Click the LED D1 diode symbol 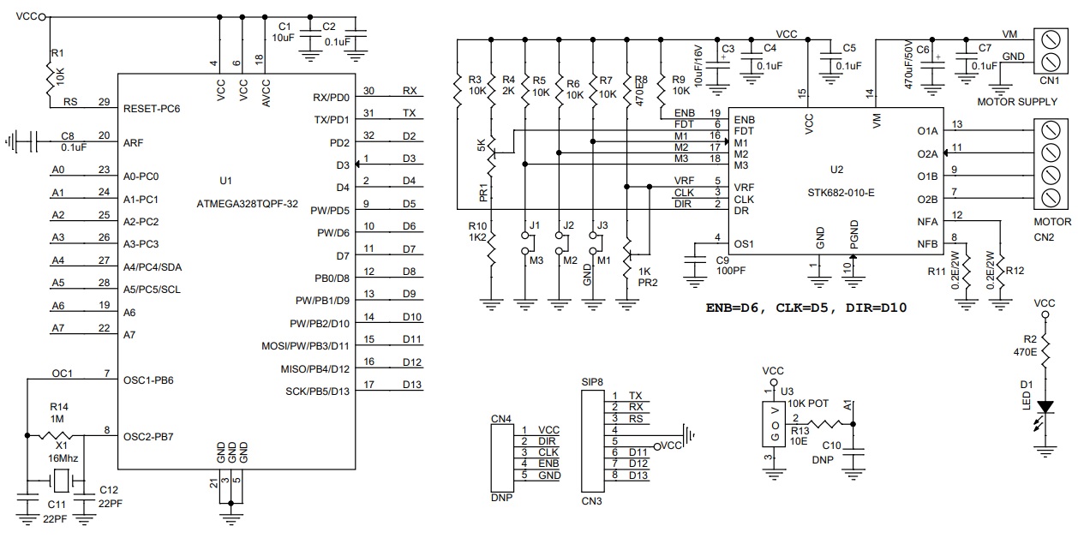click(x=1045, y=408)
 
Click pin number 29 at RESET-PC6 click(x=103, y=102)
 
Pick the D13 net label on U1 click(x=411, y=385)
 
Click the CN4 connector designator click(x=500, y=419)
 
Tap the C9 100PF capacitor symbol click(x=692, y=264)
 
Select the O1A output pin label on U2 click(x=927, y=131)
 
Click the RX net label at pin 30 click(x=410, y=90)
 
